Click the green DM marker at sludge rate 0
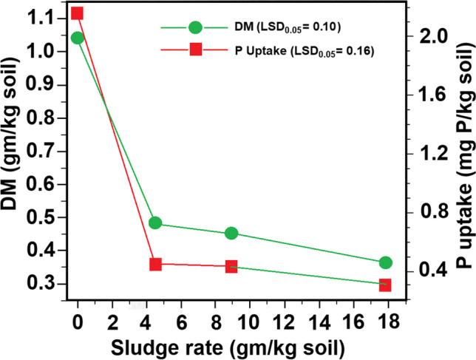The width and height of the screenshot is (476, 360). click(x=77, y=38)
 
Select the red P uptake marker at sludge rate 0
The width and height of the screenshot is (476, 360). click(x=77, y=13)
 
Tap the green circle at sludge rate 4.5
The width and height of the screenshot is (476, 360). click(x=155, y=223)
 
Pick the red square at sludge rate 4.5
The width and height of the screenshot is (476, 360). click(x=155, y=264)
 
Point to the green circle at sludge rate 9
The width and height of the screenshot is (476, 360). click(x=231, y=234)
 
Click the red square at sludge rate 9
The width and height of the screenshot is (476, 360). click(x=231, y=267)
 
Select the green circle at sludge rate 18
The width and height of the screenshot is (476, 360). click(x=385, y=262)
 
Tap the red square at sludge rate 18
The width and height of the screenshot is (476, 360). click(x=385, y=285)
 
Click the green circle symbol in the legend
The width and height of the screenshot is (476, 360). click(x=195, y=27)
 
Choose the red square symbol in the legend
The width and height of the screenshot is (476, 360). click(x=195, y=50)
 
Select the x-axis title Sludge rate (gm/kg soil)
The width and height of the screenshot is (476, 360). click(x=231, y=345)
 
